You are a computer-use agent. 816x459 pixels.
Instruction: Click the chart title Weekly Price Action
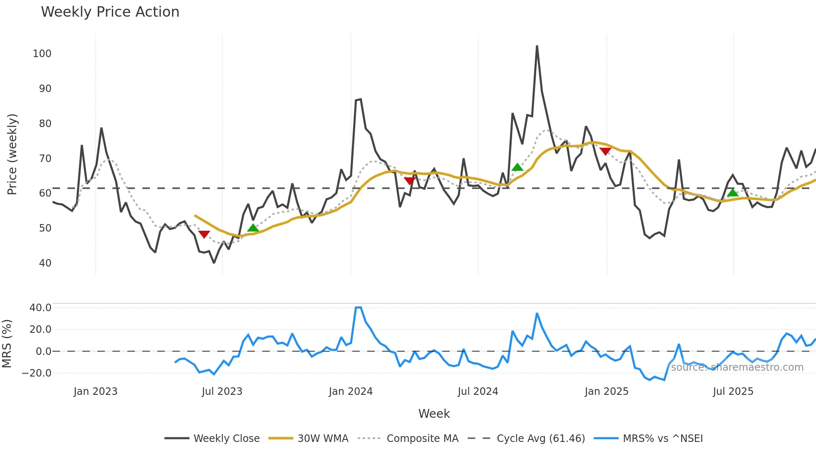click(110, 12)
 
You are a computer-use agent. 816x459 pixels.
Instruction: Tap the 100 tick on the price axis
click(42, 54)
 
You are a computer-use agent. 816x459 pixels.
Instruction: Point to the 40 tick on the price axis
click(45, 263)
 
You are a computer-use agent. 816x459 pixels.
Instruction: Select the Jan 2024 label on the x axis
click(351, 392)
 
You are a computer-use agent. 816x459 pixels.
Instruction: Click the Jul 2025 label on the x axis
click(733, 392)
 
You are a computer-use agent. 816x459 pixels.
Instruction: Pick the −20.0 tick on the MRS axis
click(37, 373)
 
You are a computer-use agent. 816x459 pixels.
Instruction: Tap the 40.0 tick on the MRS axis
click(40, 308)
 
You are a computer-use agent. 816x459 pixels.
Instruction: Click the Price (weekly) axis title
click(12, 154)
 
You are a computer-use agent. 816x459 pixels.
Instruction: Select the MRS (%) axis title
click(7, 344)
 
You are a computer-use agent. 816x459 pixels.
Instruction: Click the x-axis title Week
click(434, 414)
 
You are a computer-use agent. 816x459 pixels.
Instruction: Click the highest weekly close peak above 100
click(537, 46)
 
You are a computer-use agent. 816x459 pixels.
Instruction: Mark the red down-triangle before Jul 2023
click(204, 234)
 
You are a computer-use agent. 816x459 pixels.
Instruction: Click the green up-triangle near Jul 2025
click(733, 192)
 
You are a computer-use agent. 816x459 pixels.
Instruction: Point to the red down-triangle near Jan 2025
click(605, 151)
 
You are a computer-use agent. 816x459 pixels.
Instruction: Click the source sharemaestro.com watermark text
click(737, 367)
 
